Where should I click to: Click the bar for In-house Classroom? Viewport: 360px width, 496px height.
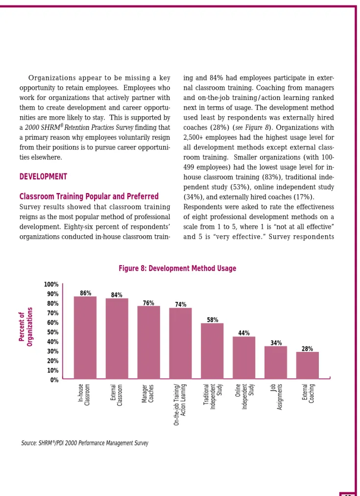(x=85, y=337)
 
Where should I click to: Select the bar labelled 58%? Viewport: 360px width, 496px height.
(x=212, y=351)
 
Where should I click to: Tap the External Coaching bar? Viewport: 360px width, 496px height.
(x=307, y=365)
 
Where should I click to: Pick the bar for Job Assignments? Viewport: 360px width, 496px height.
(x=276, y=362)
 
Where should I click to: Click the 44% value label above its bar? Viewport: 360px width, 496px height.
(x=244, y=333)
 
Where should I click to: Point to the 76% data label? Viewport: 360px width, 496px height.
(x=148, y=303)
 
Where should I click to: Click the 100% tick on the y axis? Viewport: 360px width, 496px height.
(x=51, y=284)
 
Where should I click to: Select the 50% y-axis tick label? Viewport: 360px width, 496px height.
(x=53, y=332)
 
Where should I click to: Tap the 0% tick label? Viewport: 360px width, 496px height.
(x=54, y=380)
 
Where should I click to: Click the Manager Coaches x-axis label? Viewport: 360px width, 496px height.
(x=147, y=394)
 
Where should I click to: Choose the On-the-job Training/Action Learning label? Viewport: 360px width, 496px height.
(x=180, y=404)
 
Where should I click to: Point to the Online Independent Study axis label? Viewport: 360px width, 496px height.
(x=244, y=397)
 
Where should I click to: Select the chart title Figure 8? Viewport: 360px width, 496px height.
(x=177, y=268)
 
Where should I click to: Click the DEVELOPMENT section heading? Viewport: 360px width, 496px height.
(x=43, y=176)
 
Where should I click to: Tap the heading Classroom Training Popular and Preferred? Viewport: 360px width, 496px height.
(x=89, y=197)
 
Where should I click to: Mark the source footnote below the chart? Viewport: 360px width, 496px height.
(x=85, y=443)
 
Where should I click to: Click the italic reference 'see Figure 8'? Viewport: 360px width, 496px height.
(x=252, y=127)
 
